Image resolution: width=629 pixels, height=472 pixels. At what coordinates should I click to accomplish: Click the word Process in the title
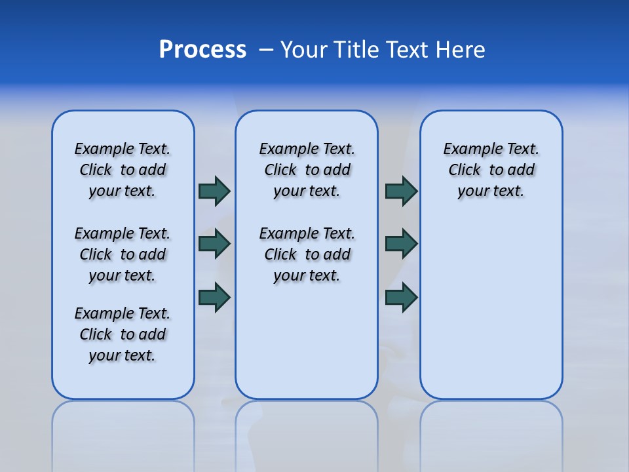point(202,50)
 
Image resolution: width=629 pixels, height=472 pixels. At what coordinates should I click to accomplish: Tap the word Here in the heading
point(461,50)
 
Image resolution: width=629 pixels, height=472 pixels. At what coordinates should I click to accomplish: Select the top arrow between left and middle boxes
point(214,191)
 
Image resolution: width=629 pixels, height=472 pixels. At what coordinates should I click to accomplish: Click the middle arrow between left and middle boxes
point(214,244)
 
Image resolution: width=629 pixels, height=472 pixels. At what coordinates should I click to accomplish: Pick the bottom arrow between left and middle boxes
point(214,298)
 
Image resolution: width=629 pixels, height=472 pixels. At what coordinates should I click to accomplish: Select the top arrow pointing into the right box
point(401,191)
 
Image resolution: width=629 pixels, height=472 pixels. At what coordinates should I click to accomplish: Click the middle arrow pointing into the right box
point(401,244)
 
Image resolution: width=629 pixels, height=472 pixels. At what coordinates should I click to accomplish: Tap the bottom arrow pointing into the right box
point(401,298)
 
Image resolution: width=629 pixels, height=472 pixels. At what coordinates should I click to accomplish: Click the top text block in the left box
point(123,170)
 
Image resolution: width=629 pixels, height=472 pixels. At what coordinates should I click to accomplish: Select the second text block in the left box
point(123,254)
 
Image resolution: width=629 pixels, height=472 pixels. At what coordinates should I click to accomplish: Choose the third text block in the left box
point(123,334)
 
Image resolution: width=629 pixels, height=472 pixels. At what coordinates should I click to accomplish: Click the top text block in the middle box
point(307,170)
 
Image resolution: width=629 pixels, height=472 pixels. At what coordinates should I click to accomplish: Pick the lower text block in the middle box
point(307,254)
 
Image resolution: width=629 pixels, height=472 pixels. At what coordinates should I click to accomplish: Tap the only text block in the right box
point(491,170)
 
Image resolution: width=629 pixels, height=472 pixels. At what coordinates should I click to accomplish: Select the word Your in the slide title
point(304,50)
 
